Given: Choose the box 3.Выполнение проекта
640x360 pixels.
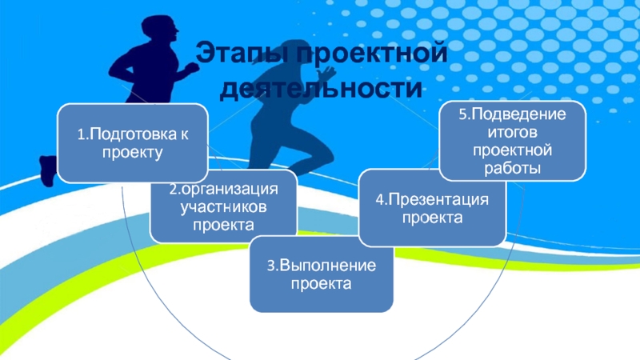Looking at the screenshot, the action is coord(321,276).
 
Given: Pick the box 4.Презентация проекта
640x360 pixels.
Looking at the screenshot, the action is coord(432,208).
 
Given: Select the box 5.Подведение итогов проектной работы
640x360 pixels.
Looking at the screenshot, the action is coord(512,141).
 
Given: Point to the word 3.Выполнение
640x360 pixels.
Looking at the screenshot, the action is coord(321,266).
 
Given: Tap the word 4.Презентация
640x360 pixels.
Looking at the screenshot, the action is coord(432,200).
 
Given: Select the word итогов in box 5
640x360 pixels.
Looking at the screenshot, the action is coord(512,132).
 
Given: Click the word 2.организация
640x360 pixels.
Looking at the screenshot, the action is coord(223,191).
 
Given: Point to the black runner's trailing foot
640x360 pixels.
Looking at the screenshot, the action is coord(48,168).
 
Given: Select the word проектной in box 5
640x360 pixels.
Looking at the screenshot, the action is coord(512,150).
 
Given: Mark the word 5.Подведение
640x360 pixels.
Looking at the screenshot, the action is coord(512,114).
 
